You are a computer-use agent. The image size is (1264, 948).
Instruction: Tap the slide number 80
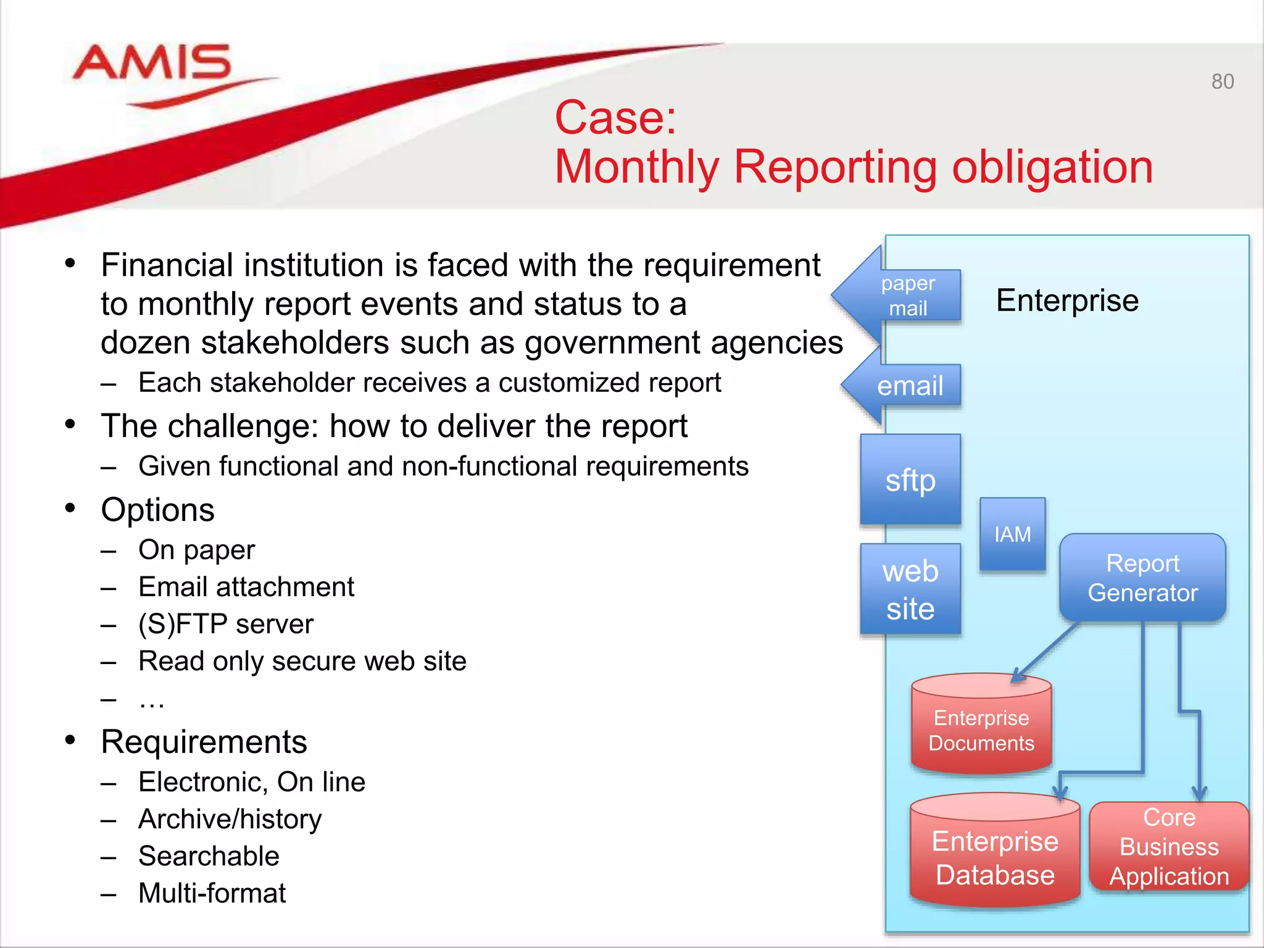click(1222, 81)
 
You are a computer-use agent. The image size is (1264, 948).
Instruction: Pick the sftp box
click(910, 480)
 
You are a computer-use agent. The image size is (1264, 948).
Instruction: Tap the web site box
click(910, 589)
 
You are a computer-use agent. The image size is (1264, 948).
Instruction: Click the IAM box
click(1012, 534)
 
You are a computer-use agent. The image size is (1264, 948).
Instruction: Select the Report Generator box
click(1142, 578)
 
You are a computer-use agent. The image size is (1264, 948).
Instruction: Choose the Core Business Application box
click(1169, 847)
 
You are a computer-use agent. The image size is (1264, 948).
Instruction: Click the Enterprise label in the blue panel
click(1067, 301)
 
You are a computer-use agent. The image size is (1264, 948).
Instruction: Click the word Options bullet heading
click(158, 510)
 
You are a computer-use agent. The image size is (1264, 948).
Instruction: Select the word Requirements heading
click(204, 742)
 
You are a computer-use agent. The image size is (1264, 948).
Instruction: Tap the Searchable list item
click(209, 856)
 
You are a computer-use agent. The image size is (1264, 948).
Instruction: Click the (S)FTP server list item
click(226, 624)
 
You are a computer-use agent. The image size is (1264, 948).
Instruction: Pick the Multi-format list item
click(212, 893)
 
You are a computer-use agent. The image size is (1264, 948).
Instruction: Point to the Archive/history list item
click(230, 819)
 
